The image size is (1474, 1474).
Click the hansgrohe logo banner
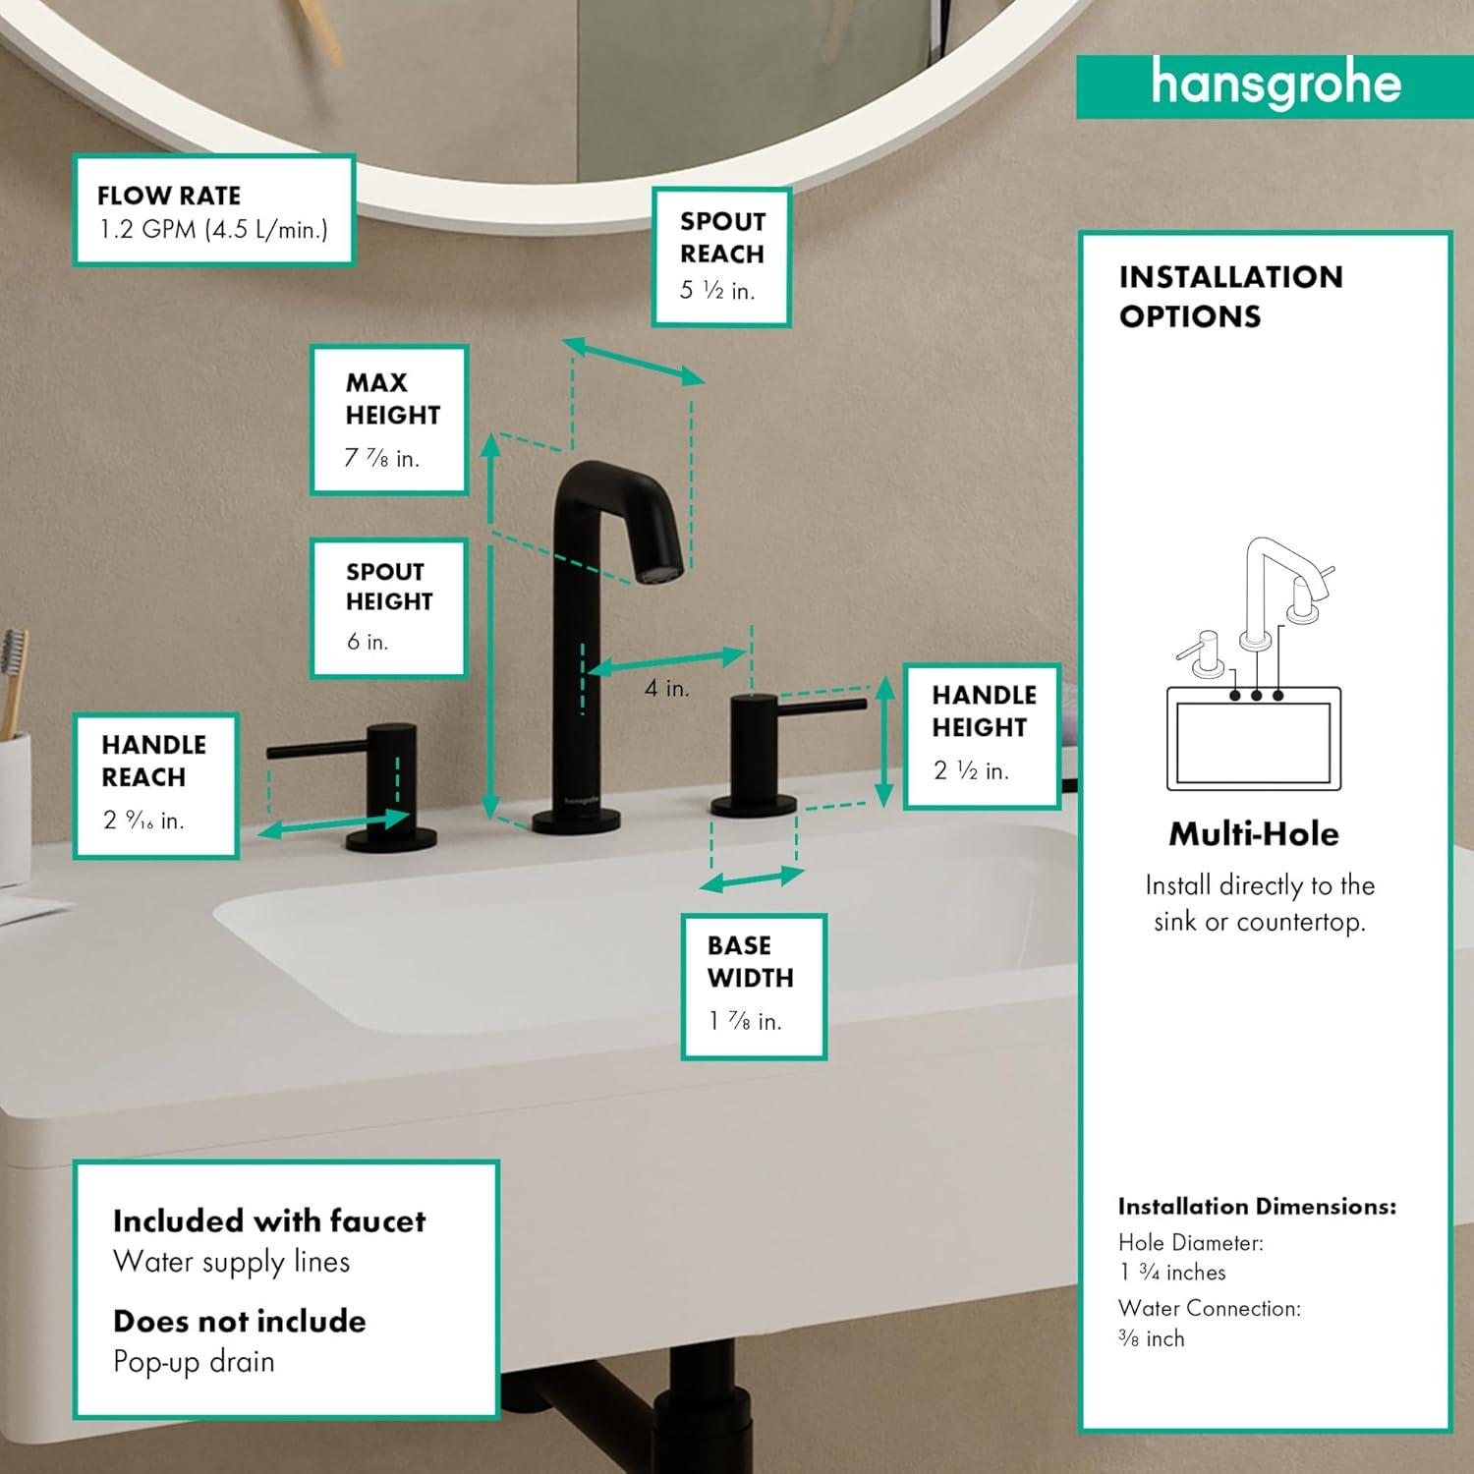pos(1275,85)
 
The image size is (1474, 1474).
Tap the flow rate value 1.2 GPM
pos(213,230)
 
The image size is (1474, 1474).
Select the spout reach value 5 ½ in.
pos(717,291)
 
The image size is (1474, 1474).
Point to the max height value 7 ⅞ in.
pos(381,458)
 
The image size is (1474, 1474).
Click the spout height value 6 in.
pos(368,642)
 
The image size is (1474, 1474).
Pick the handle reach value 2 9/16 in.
pos(143,821)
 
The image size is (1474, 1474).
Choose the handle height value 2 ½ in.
pos(971,770)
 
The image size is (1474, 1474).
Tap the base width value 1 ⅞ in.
pos(745,1022)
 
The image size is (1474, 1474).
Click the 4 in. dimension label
pos(666,689)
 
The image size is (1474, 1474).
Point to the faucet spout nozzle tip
pos(657,571)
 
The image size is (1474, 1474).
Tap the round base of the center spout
pos(576,822)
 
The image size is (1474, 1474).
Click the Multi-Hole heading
pos(1254,834)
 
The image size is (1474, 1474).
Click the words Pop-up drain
pos(194,1362)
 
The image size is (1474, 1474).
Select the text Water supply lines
pos(231,1262)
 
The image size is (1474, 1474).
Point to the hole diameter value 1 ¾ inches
pos(1172,1273)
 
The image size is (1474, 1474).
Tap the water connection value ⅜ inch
pos(1152,1338)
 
